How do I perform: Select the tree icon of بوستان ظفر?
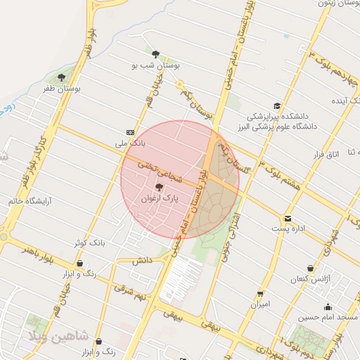(x=61, y=77)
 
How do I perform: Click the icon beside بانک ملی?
(x=131, y=132)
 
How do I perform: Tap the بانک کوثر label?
(x=89, y=243)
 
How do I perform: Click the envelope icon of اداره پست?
(x=288, y=219)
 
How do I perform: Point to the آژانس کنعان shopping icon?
(x=310, y=268)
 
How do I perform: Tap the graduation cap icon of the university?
(x=278, y=105)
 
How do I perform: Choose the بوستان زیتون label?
(x=334, y=4)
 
